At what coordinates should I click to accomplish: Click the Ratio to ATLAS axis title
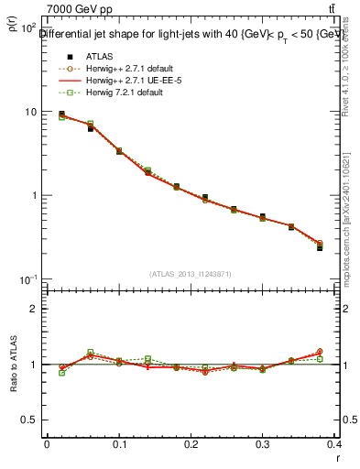click(15, 365)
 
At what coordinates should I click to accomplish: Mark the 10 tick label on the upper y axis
click(30, 112)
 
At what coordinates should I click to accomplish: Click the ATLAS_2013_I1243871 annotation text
click(191, 274)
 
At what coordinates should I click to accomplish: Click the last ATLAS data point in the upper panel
click(320, 247)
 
